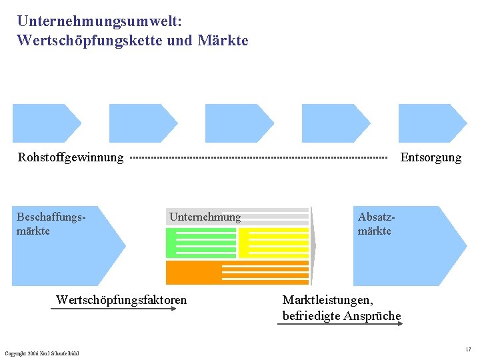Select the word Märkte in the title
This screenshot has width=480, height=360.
223,41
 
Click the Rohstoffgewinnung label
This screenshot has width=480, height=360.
71,157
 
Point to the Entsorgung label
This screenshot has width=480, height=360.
431,157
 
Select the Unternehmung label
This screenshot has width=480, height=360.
205,217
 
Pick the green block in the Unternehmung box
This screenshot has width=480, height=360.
200,243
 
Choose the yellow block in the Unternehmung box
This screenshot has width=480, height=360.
273,243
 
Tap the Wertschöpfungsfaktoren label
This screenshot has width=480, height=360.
121,300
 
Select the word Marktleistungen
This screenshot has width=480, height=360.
327,300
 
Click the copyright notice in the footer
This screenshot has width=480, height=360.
41,353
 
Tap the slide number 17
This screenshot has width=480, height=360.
468,349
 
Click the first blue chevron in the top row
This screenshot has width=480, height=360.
45,123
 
